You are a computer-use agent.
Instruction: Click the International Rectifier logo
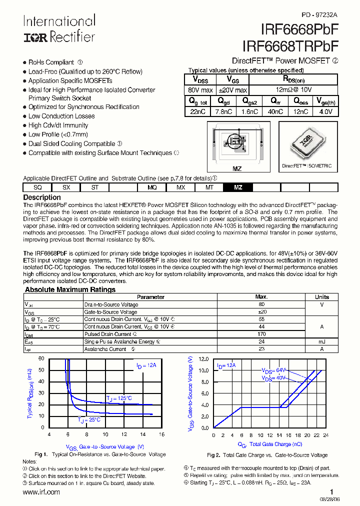(x=59, y=28)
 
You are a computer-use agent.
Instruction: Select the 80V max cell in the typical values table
(x=200, y=90)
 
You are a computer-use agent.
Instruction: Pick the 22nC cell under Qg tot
(x=198, y=112)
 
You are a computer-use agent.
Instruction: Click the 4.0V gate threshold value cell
(x=325, y=112)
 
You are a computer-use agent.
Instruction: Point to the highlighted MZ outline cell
(x=238, y=187)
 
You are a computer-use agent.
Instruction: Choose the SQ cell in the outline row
(x=37, y=187)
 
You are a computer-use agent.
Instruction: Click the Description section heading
(x=42, y=197)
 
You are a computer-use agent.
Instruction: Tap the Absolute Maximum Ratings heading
(x=70, y=289)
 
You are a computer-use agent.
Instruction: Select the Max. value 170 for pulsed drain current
(x=261, y=334)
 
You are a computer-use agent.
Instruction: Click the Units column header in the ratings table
(x=321, y=297)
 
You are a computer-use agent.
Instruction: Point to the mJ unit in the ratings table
(x=321, y=341)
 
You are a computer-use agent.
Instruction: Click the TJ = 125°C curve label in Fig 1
(x=119, y=398)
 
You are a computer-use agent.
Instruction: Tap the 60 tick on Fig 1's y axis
(x=41, y=359)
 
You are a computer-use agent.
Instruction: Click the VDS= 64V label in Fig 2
(x=272, y=370)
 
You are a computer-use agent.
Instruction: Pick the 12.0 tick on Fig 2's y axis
(x=203, y=359)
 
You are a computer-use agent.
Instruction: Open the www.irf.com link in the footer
(x=41, y=492)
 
